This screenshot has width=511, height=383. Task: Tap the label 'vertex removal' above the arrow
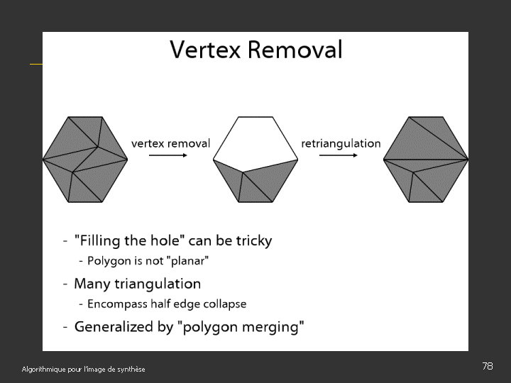click(x=170, y=143)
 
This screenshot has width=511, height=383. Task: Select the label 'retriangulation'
click(x=341, y=143)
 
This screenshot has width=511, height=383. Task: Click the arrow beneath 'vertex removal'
click(x=169, y=155)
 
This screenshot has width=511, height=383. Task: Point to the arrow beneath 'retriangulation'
click(x=339, y=155)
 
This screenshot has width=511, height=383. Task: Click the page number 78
click(x=487, y=366)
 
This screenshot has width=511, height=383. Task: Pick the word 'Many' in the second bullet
click(x=92, y=284)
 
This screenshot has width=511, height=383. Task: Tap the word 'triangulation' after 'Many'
click(x=157, y=284)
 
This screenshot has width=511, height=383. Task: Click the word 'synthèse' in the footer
click(x=130, y=370)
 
